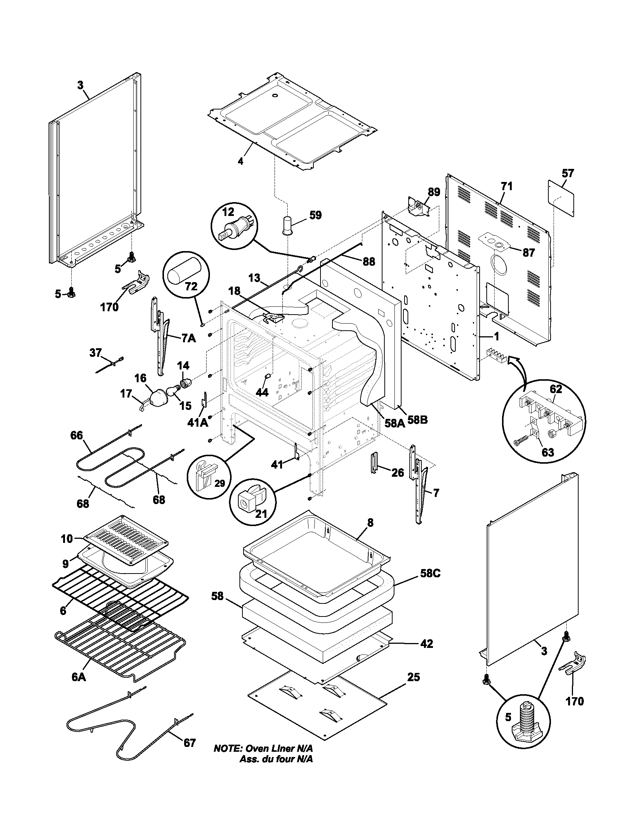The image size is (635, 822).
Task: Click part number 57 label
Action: pyautogui.click(x=568, y=173)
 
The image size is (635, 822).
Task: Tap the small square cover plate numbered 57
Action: pyautogui.click(x=561, y=198)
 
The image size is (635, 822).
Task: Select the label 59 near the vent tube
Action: pyautogui.click(x=315, y=215)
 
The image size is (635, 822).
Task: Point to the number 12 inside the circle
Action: pyautogui.click(x=228, y=212)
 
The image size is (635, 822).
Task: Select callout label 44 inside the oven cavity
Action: pyautogui.click(x=262, y=393)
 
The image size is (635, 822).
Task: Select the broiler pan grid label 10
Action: pyautogui.click(x=66, y=538)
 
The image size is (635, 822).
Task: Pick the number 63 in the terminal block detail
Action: pyautogui.click(x=547, y=452)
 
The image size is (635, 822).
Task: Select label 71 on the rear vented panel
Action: pyautogui.click(x=507, y=186)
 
